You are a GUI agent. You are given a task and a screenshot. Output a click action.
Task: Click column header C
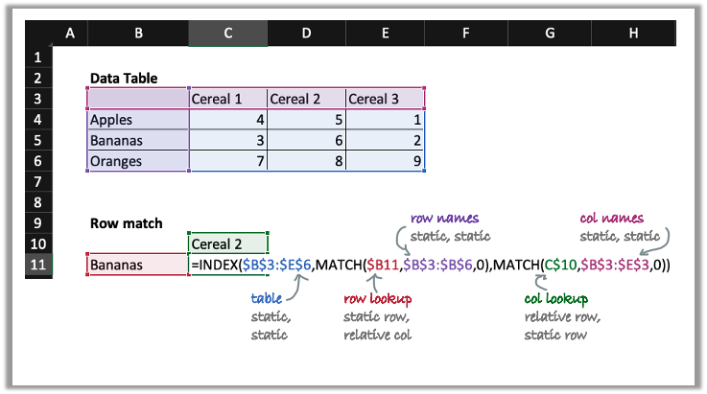pos(227,34)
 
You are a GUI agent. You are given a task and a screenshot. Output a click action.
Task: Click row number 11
pos(35,265)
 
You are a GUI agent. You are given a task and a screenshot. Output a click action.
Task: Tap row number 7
pos(35,181)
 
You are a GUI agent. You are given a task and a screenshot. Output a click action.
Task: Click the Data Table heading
pos(124,78)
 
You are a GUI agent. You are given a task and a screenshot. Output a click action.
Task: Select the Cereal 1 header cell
pos(227,99)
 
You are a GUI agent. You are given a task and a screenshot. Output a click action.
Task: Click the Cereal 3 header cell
pos(385,99)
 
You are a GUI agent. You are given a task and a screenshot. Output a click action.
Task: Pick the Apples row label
pos(137,120)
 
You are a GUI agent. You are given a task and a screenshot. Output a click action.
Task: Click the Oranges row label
pos(137,161)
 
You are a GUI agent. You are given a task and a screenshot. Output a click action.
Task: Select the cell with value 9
pos(385,161)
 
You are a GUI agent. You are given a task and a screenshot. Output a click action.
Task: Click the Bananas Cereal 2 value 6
pos(306,140)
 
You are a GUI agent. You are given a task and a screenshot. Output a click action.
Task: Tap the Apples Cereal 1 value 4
pos(227,120)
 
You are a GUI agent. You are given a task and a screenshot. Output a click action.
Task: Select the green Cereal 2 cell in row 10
pos(227,244)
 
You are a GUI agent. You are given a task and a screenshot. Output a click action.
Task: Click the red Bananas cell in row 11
pos(137,265)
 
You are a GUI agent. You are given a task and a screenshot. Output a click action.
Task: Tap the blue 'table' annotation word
pos(266,298)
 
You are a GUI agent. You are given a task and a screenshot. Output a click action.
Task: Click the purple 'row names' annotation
pos(444,218)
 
